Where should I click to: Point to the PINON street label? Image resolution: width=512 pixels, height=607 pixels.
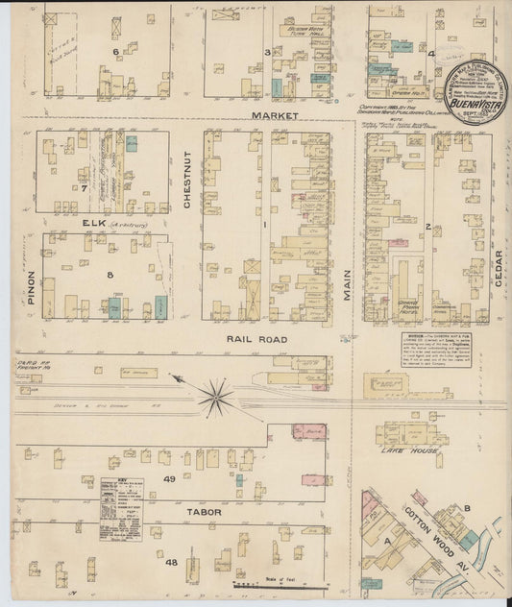pyautogui.click(x=30, y=287)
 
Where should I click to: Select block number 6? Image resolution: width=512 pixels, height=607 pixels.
pyautogui.click(x=114, y=51)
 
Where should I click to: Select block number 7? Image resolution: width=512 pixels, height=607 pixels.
pyautogui.click(x=85, y=188)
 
